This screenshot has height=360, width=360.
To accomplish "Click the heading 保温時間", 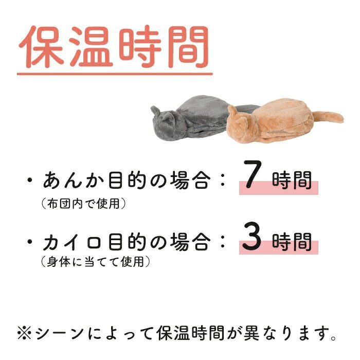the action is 114,47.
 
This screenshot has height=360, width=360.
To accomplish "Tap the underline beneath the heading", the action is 115,74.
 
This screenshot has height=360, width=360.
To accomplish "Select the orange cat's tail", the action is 328,117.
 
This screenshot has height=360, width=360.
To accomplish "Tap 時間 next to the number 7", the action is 292,181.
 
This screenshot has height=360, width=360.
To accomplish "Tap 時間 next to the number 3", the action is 292,242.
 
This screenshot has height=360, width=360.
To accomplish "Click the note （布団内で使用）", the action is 83,204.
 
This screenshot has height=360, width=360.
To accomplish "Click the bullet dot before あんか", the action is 29,180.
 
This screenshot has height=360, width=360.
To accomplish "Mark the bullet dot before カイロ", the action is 29,242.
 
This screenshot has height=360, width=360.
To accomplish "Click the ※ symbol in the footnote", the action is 24,334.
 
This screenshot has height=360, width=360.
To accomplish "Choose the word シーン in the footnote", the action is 59,334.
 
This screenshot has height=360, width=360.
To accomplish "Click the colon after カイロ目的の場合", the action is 222,242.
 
